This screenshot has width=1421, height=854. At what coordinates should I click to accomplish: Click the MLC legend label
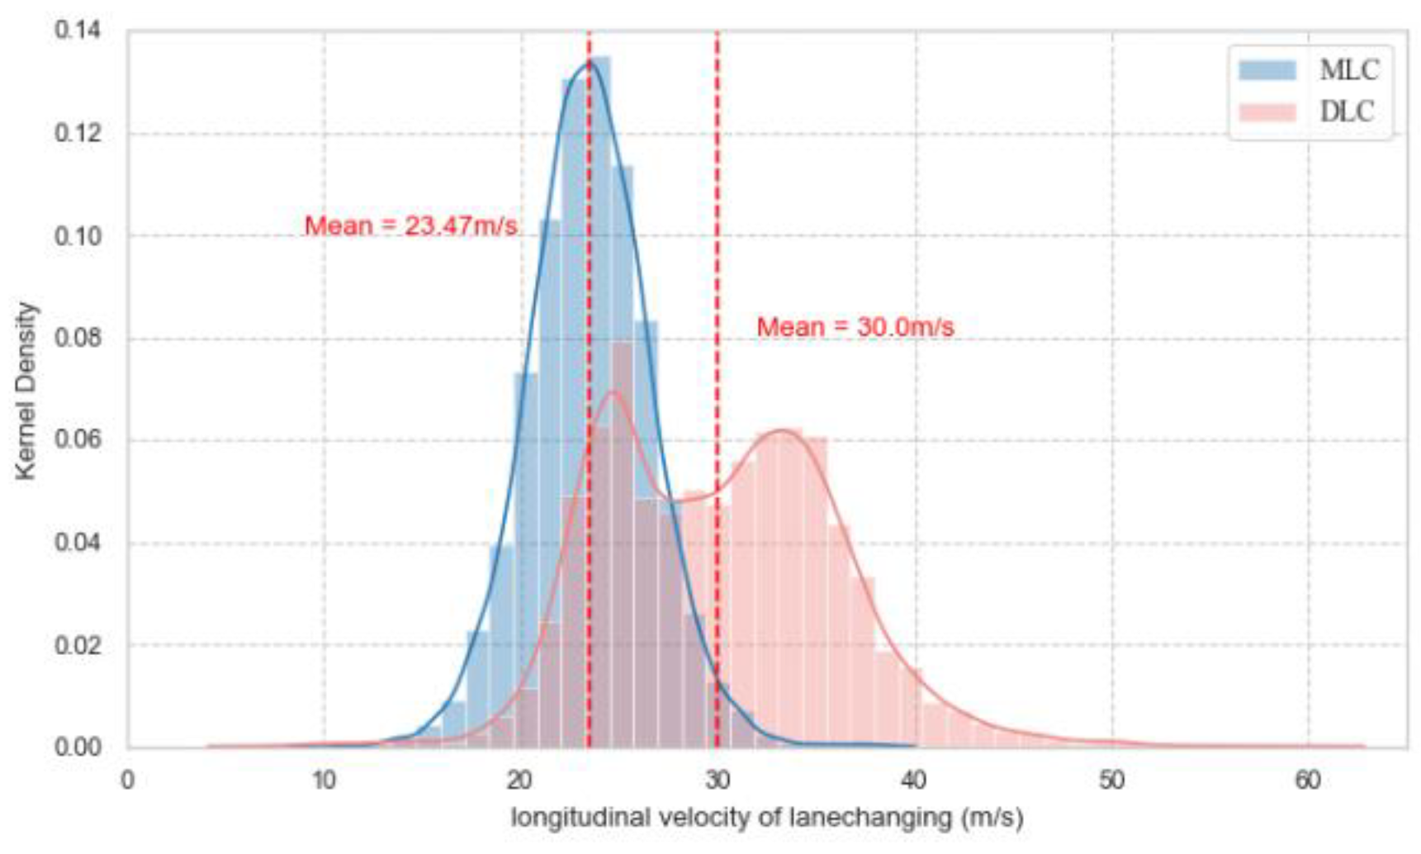(1348, 70)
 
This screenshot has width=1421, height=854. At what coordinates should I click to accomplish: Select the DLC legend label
(1347, 111)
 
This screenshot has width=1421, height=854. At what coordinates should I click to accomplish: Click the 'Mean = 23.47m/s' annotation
(410, 225)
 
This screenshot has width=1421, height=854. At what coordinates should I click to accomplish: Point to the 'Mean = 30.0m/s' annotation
(855, 327)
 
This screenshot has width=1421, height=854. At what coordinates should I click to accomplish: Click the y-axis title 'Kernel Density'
(26, 390)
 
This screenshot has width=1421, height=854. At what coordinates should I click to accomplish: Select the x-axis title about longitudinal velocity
(767, 818)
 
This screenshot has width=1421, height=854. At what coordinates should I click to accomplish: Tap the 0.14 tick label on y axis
(77, 31)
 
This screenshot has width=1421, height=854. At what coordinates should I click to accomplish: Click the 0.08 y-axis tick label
(77, 338)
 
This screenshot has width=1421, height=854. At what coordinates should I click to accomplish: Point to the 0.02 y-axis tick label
(77, 645)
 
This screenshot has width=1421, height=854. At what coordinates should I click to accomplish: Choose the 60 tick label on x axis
(1308, 780)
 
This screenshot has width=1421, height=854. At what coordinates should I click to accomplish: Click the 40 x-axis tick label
(914, 780)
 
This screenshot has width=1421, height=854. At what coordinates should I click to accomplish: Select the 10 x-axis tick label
(324, 780)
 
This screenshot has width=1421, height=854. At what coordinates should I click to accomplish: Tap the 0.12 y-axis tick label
(77, 133)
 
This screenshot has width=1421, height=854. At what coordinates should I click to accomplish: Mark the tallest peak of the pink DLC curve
(613, 392)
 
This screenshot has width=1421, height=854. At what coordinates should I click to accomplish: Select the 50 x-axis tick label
(1111, 780)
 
